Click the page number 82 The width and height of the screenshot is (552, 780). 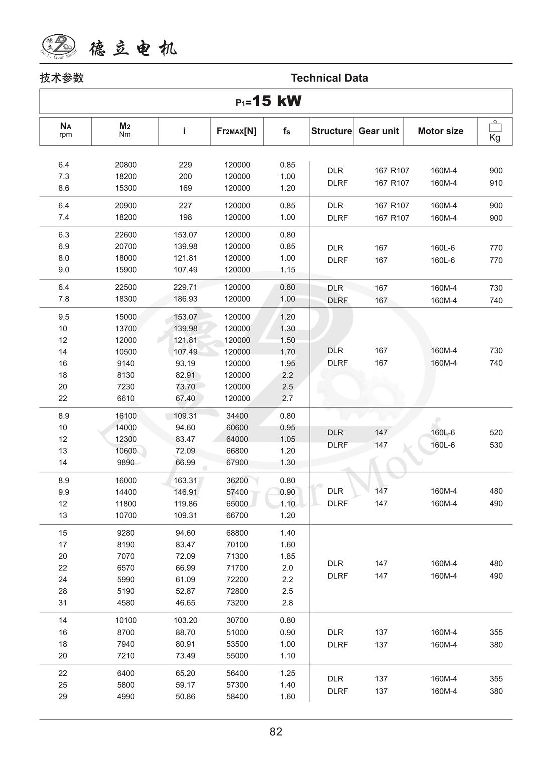pyautogui.click(x=276, y=732)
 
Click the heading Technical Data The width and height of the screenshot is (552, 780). pyautogui.click(x=329, y=78)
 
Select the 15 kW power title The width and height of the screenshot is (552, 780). pyautogui.click(x=269, y=101)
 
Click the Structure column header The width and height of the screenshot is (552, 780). pyautogui.click(x=331, y=131)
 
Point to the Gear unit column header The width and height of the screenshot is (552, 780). pyautogui.click(x=378, y=131)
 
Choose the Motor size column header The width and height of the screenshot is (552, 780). pyautogui.click(x=440, y=131)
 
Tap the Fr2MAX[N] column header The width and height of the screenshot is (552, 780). pyautogui.click(x=236, y=131)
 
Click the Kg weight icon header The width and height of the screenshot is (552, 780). pyautogui.click(x=495, y=131)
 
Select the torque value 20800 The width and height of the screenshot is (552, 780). pyautogui.click(x=126, y=165)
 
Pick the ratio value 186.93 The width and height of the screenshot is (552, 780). pyautogui.click(x=185, y=299)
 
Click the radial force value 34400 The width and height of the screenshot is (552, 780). pyautogui.click(x=237, y=416)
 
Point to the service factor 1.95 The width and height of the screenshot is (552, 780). pyautogui.click(x=287, y=363)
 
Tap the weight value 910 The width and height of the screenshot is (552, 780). pyautogui.click(x=496, y=183)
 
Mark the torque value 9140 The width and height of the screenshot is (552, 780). pyautogui.click(x=126, y=363)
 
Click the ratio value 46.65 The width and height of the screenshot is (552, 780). pyautogui.click(x=185, y=603)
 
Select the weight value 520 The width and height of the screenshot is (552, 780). pyautogui.click(x=496, y=432)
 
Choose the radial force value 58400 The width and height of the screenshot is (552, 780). pyautogui.click(x=237, y=696)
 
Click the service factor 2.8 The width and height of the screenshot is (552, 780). pyautogui.click(x=287, y=603)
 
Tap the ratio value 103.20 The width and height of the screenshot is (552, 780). pyautogui.click(x=185, y=620)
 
